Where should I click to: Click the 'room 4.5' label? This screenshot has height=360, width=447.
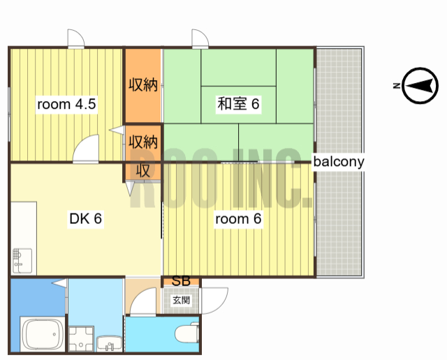66,104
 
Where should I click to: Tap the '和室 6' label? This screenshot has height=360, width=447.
238,104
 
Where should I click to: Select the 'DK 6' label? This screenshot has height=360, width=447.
85,218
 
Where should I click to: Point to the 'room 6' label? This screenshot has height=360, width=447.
238,219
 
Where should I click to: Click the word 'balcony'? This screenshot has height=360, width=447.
339,161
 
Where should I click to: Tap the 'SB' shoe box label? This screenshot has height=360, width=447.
181,281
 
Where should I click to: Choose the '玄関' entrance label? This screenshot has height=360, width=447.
181,300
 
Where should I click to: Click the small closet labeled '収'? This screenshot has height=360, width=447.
142,171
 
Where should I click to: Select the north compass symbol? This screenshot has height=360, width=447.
420,85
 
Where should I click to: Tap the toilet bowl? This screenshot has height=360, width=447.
187,333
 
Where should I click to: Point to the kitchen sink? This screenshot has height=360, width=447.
22,261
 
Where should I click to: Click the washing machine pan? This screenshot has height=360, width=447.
81,339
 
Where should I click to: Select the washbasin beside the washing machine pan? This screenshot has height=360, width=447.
110,344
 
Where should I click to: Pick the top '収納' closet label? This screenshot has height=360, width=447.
143,84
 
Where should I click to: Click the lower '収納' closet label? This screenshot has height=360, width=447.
143,141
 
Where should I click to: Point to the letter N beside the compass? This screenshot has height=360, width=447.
397,85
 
